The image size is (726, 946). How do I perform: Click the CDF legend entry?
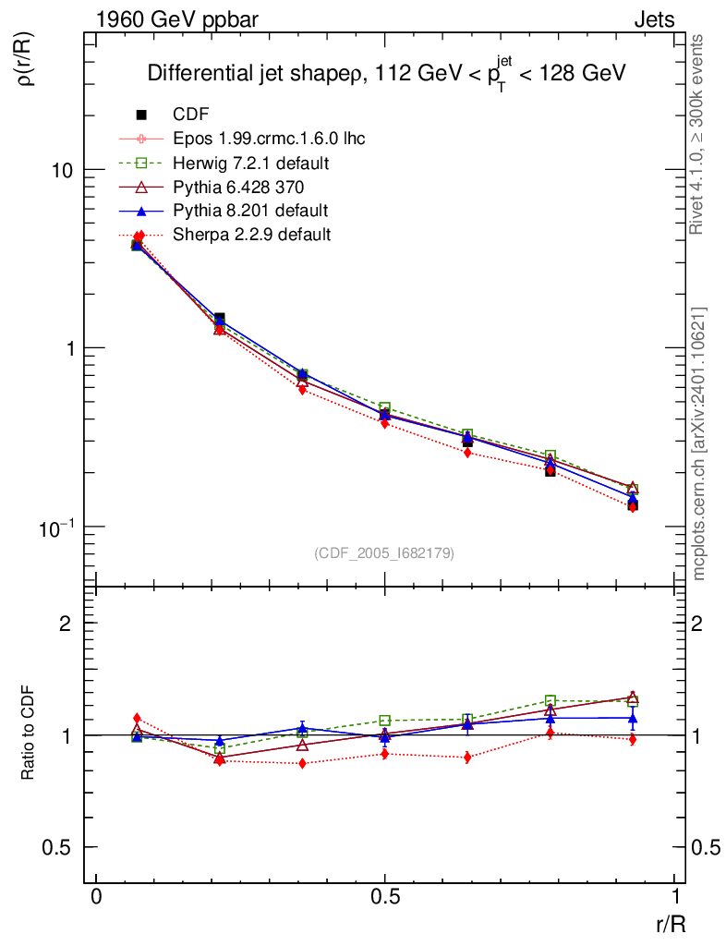click(x=191, y=115)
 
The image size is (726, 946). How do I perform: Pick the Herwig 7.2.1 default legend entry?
click(x=251, y=163)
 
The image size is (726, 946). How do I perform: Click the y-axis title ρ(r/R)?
click(x=26, y=60)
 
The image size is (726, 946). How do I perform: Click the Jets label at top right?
click(x=653, y=19)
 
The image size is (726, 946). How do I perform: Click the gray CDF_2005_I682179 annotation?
click(x=384, y=552)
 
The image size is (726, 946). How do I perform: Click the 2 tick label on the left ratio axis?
click(x=66, y=624)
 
